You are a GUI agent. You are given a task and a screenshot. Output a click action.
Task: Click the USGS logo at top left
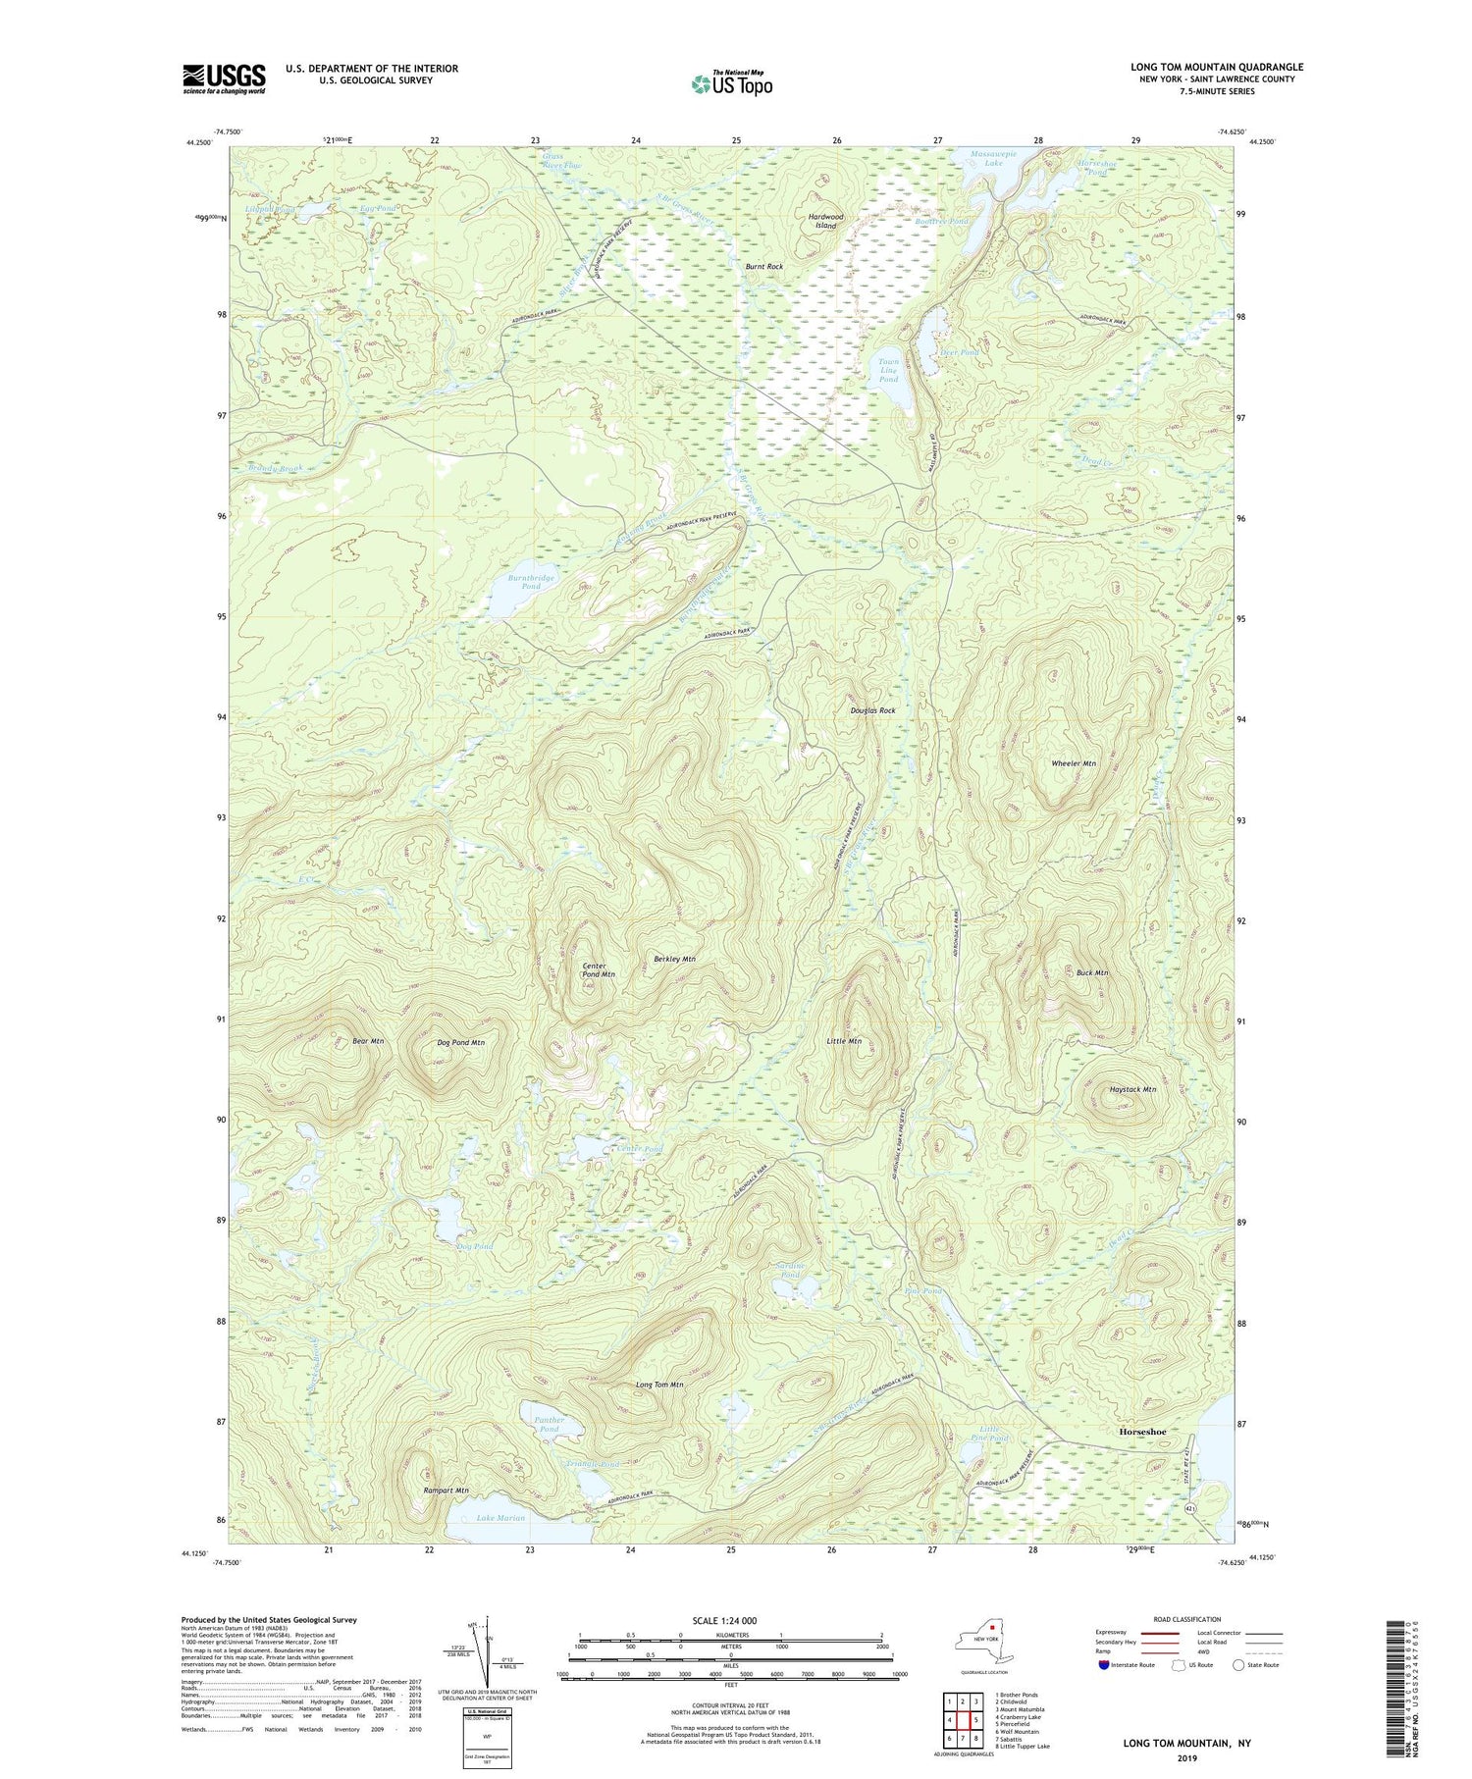(224, 78)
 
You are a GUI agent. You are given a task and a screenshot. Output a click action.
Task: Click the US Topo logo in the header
(731, 84)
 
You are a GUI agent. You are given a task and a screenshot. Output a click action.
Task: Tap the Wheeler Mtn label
(1074, 762)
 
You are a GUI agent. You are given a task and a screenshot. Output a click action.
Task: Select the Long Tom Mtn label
(659, 1384)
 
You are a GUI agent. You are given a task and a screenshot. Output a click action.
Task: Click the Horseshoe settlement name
(1142, 1432)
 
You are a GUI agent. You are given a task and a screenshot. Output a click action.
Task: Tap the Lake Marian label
(500, 1517)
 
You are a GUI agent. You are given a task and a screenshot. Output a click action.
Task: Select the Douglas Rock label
(872, 709)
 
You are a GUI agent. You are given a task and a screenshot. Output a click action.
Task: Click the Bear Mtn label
(368, 1040)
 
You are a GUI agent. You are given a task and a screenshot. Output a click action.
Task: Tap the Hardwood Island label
(825, 221)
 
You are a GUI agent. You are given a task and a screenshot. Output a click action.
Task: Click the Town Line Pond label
(887, 370)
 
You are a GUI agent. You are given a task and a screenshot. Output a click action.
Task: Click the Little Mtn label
(844, 1040)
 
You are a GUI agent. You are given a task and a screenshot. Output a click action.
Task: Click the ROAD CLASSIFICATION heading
(1187, 1619)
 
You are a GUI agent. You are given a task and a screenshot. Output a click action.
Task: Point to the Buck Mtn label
(1091, 972)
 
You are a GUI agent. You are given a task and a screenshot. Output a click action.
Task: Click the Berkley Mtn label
(674, 958)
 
